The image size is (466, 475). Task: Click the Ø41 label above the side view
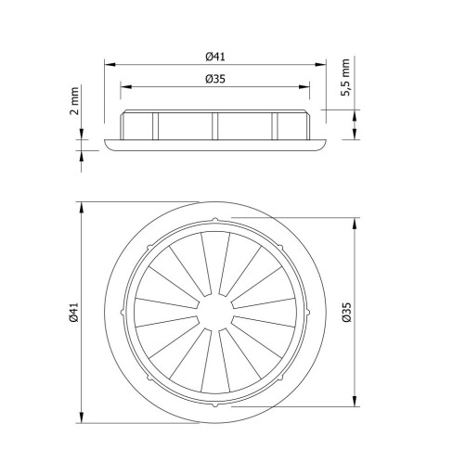pyautogui.click(x=215, y=57)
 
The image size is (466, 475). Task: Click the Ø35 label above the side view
pyautogui.click(x=215, y=79)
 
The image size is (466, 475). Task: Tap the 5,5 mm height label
pyautogui.click(x=346, y=77)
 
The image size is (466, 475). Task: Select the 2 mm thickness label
pyautogui.click(x=74, y=101)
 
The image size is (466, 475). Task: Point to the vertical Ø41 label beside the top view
pyautogui.click(x=74, y=313)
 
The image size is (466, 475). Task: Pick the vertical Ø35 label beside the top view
pyautogui.click(x=347, y=313)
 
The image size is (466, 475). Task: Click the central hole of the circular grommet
pyautogui.click(x=215, y=312)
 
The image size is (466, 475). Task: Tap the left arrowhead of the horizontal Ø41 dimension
pyautogui.click(x=110, y=65)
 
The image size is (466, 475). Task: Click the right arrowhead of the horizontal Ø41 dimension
pyautogui.click(x=321, y=65)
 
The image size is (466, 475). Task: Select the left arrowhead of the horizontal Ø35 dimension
pyautogui.click(x=126, y=87)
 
